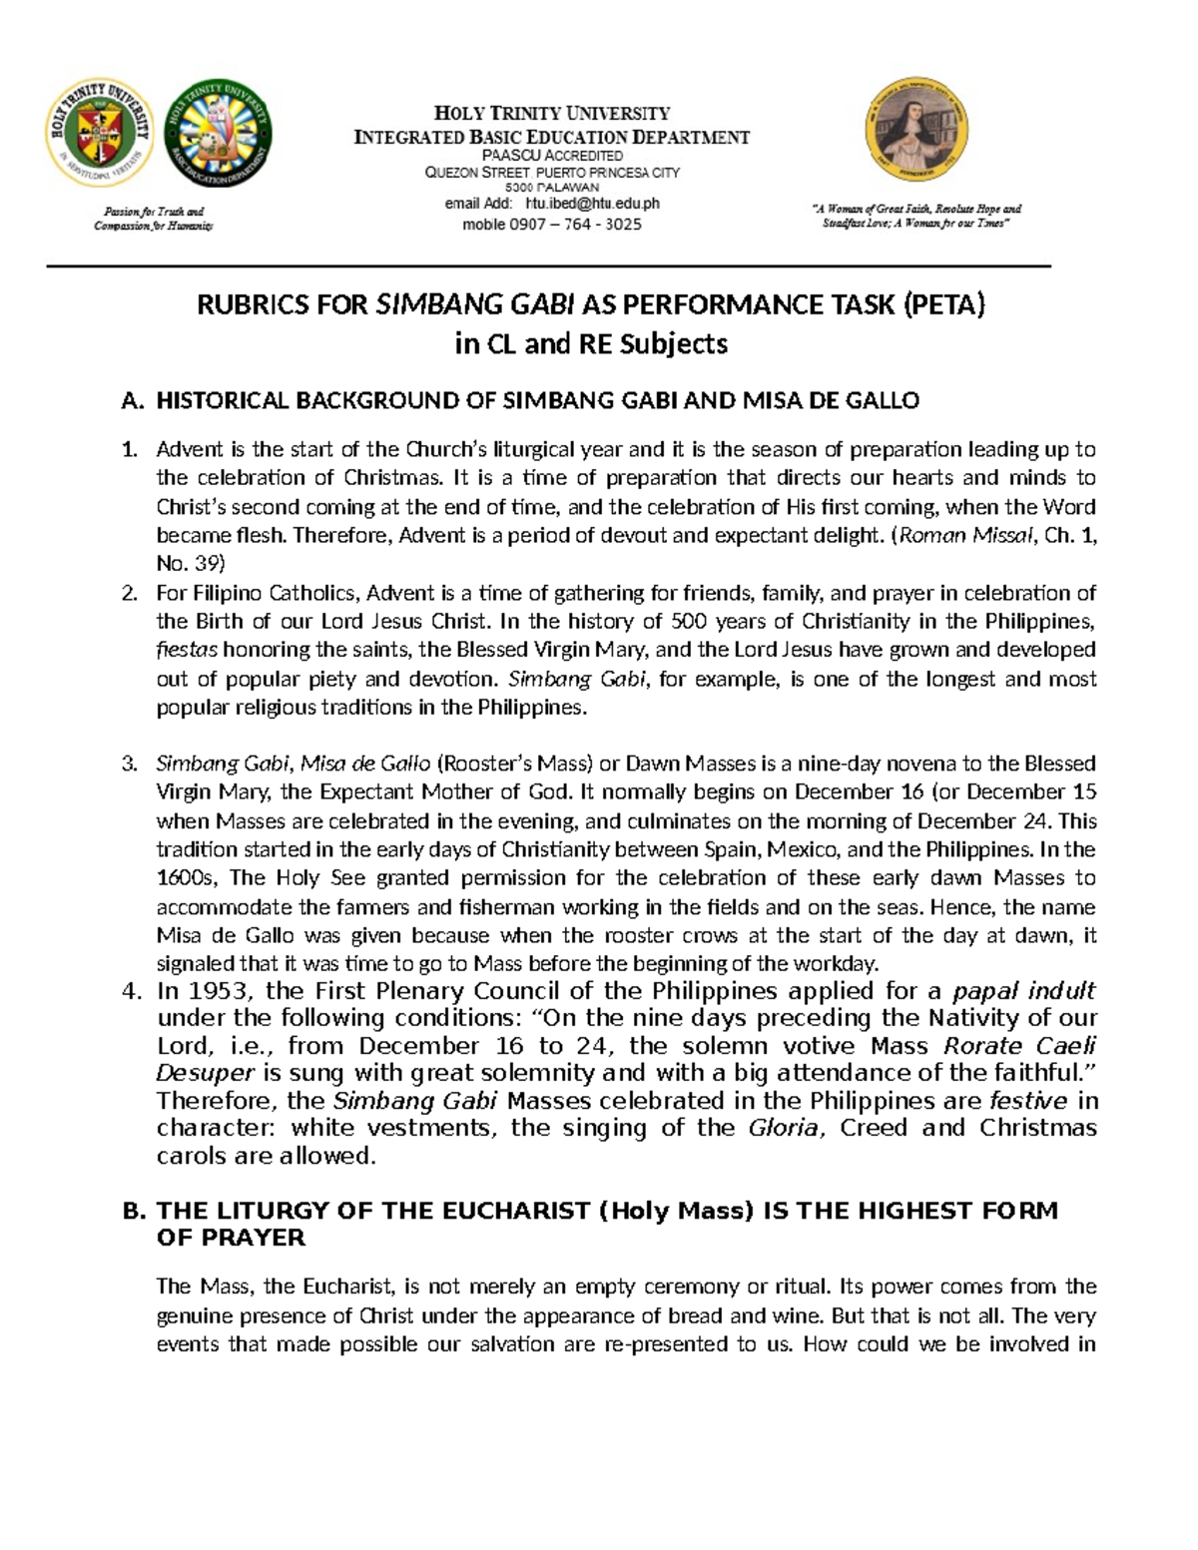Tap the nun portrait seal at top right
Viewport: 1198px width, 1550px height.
coord(915,131)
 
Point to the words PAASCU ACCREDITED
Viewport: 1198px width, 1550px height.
coord(552,156)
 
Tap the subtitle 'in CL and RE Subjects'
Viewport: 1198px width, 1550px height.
coord(591,344)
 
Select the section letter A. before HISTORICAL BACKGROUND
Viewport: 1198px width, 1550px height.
coord(133,401)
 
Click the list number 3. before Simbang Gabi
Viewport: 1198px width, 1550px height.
coord(130,765)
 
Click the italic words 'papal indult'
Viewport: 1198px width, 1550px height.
coord(1024,992)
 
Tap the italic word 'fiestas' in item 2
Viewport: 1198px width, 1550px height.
coord(187,651)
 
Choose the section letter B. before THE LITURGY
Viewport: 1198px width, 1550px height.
coord(134,1212)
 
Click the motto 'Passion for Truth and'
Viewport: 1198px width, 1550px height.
coord(154,211)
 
